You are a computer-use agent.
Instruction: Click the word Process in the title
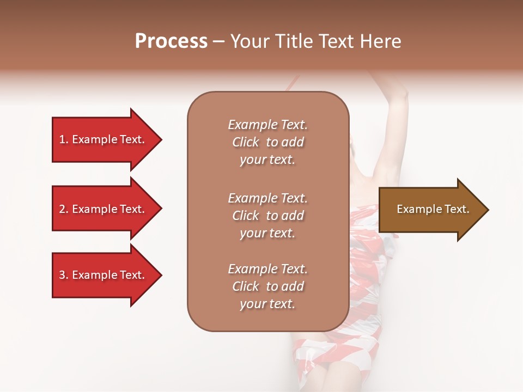click(171, 41)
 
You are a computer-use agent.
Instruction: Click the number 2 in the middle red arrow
click(62, 209)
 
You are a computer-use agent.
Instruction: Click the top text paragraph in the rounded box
click(267, 142)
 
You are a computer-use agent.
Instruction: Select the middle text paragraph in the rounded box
click(267, 216)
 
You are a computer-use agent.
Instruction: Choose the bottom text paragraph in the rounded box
click(267, 286)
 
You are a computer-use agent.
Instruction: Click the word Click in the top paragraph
click(245, 142)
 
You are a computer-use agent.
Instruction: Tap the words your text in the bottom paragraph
click(267, 304)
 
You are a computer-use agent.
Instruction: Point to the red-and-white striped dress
click(360, 261)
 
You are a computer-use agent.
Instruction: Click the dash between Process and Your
click(218, 41)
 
